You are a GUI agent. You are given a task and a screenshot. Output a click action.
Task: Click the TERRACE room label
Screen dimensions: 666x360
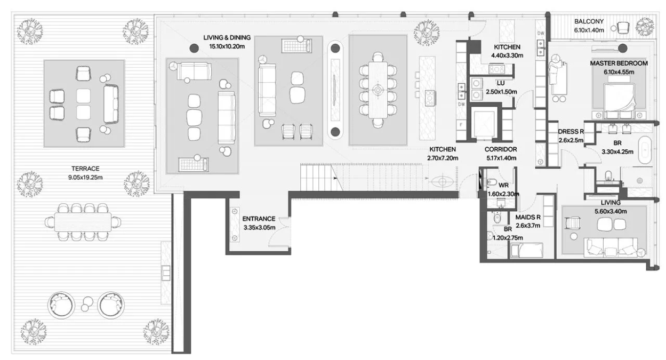85,169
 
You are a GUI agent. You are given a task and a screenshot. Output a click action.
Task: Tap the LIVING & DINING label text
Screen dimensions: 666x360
227,37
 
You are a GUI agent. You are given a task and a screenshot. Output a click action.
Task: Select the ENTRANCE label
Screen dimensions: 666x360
259,219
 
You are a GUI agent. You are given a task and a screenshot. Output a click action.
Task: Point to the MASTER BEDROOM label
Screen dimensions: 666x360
619,63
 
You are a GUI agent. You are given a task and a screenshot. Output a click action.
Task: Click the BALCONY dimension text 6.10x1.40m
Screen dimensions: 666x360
589,30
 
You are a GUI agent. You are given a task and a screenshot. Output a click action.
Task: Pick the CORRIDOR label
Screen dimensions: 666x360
501,149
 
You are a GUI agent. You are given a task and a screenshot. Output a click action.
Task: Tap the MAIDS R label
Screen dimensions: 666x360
528,217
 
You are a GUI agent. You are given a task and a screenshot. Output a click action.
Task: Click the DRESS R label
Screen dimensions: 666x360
571,131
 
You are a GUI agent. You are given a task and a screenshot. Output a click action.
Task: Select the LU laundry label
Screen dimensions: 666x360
501,84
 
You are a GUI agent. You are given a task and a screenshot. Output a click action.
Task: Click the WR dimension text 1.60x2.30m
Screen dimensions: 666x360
503,194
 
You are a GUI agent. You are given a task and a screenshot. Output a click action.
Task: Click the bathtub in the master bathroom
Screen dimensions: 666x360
645,150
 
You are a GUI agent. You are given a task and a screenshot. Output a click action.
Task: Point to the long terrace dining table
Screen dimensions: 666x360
83,222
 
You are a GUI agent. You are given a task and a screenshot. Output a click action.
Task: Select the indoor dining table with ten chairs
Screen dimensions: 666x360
378,90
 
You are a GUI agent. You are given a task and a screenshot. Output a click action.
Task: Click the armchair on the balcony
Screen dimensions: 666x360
623,28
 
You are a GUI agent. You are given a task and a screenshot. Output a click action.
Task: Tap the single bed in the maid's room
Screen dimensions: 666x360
526,250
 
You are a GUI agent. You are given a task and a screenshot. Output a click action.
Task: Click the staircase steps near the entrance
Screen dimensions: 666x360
321,178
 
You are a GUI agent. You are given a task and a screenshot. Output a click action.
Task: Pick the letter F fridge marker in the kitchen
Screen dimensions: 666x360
461,125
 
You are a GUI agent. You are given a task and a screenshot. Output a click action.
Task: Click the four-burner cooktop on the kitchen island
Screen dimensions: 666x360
430,98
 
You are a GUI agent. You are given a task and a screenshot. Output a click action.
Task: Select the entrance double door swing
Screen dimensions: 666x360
279,232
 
